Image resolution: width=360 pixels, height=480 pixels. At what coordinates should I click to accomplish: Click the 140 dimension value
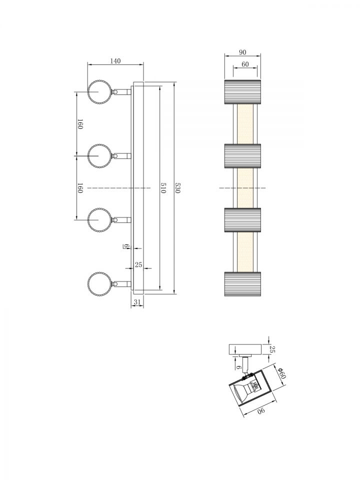pos(115,61)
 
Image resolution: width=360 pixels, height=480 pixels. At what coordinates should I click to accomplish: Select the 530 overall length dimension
pos(177,187)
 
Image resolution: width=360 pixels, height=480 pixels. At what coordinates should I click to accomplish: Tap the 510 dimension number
pos(163,187)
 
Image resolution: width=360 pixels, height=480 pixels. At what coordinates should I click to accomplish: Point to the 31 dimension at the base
pos(137,302)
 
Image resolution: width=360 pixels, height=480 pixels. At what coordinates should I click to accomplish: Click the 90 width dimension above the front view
pos(242,52)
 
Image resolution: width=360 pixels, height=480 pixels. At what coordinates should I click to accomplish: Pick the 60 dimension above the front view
pos(245,64)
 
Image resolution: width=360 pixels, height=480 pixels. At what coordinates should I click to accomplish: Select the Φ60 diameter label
pos(281,372)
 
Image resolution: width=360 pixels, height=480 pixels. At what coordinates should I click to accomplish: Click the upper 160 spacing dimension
pos(80,124)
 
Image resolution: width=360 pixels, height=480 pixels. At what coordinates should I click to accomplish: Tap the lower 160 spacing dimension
pos(80,188)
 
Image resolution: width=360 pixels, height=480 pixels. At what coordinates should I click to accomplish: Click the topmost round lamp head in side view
pos(98,91)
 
